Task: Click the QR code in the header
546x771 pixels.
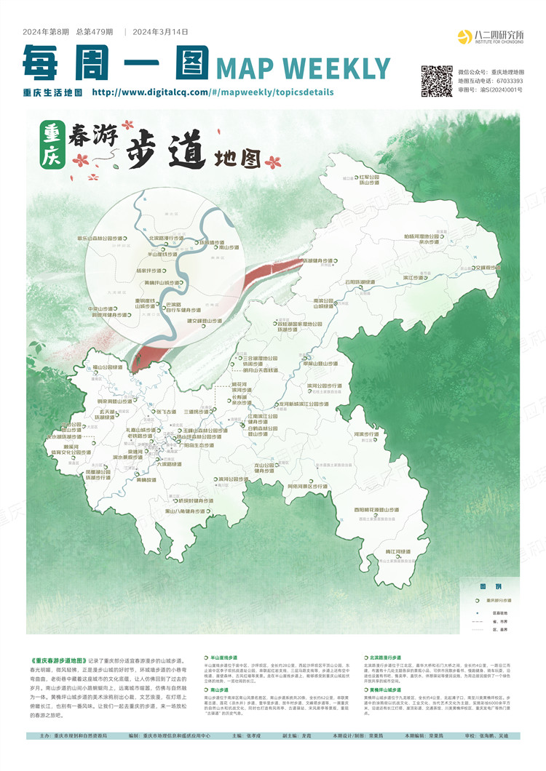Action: point(437,80)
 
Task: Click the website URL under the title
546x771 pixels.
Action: point(213,92)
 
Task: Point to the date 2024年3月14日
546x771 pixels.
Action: point(161,32)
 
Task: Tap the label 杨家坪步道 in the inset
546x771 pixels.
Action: point(149,270)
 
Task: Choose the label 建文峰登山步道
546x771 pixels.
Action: point(194,320)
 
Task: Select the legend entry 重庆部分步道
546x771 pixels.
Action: point(498,601)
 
